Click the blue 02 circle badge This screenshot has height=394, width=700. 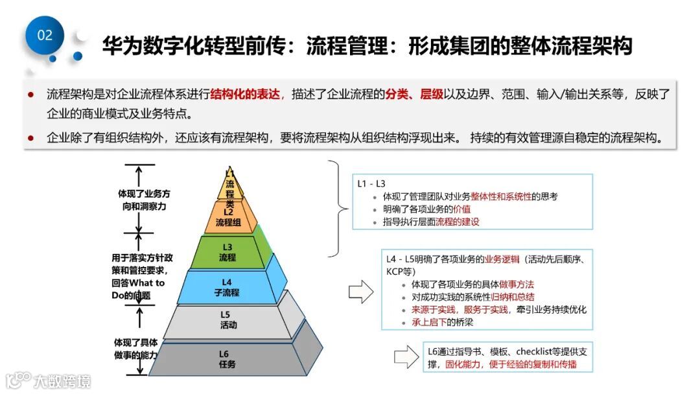45,35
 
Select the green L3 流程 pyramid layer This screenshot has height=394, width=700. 227,252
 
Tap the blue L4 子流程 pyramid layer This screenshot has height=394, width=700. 226,287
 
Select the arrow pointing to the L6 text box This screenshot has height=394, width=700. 406,356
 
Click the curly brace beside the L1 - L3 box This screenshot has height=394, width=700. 337,209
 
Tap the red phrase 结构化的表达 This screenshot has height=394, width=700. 246,95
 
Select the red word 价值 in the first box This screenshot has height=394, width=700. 461,209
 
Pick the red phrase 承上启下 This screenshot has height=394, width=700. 430,322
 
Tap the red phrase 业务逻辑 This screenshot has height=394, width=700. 502,259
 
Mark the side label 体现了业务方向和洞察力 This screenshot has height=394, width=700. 144,200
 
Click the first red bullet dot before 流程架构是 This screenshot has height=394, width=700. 30,95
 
